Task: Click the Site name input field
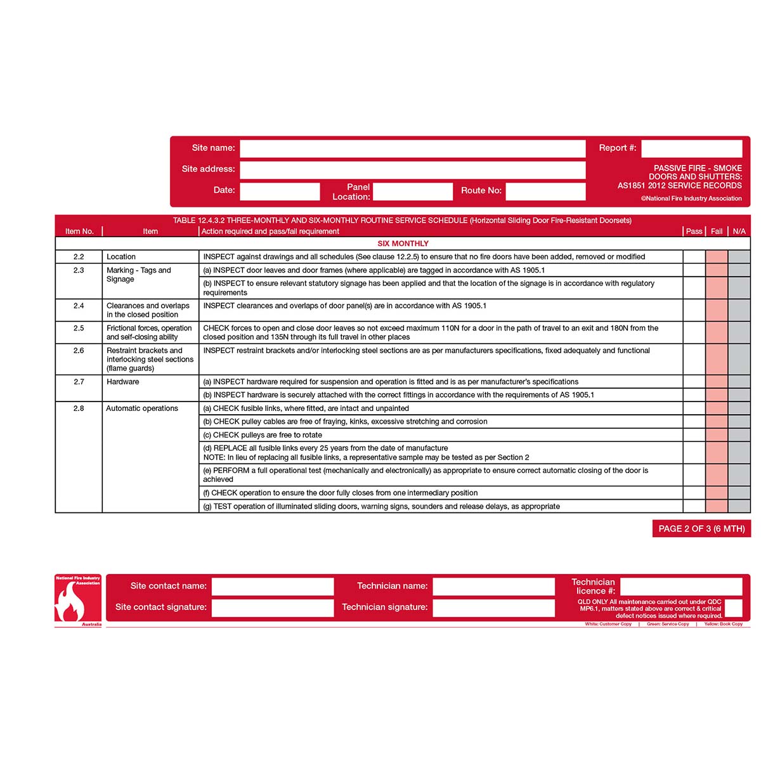412,148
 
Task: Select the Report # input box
691,148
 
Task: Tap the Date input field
280,191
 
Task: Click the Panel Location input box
412,191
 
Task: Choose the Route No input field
545,191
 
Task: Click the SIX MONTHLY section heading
403,244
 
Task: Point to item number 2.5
79,328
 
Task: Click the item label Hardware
123,382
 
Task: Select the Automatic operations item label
142,408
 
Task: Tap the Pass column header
694,231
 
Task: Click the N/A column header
739,231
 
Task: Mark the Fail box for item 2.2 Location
717,257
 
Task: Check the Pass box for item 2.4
694,310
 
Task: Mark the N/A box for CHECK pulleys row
739,435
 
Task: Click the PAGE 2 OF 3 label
701,529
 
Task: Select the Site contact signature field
273,608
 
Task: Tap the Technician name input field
494,586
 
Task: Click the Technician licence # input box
680,586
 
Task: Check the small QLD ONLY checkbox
733,608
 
